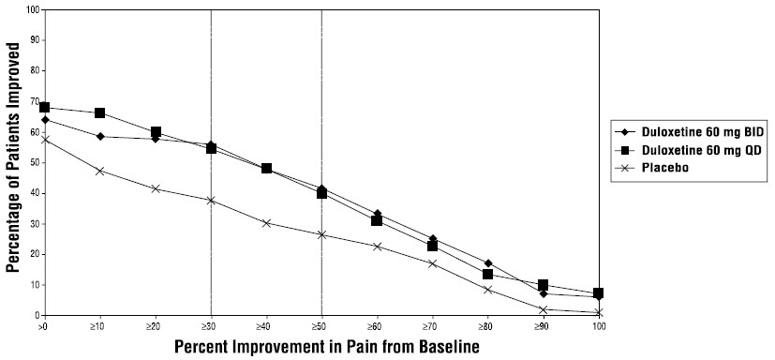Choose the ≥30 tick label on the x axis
point(210,325)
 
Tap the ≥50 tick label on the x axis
point(321,325)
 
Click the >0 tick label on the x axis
point(43,325)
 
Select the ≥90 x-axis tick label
point(543,325)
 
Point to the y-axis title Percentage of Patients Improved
point(13,164)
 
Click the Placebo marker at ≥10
point(99,171)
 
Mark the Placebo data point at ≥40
point(266,223)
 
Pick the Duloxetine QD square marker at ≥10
point(99,113)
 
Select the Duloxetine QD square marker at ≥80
point(487,274)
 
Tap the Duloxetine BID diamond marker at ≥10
point(99,136)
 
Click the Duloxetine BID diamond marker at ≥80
point(487,263)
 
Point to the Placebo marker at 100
point(598,312)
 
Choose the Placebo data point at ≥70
point(432,263)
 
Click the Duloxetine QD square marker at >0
point(44,108)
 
